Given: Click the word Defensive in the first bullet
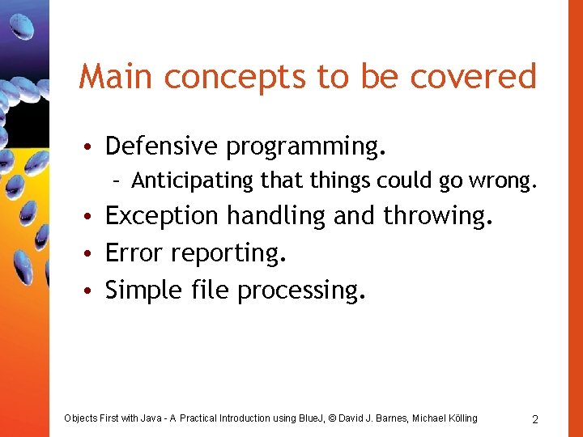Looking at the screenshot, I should (x=162, y=146).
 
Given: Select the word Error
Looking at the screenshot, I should (x=134, y=253).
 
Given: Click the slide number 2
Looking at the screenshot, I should (x=535, y=419).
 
